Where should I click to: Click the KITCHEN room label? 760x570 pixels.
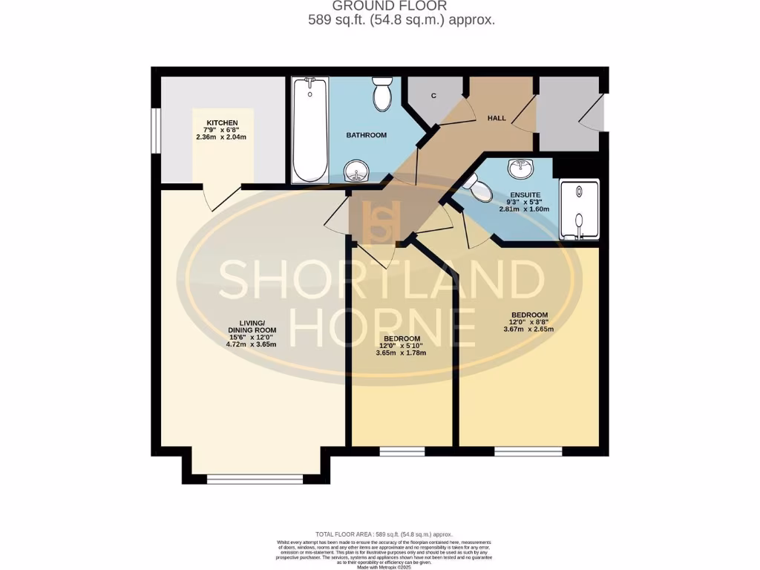click(223, 122)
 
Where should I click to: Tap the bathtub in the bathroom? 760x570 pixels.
click(309, 131)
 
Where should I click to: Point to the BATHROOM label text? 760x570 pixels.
click(367, 135)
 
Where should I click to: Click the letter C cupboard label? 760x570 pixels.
click(433, 96)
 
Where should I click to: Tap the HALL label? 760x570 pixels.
click(497, 118)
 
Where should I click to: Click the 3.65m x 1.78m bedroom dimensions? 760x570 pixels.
click(402, 353)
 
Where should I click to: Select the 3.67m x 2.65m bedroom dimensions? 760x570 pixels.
click(529, 330)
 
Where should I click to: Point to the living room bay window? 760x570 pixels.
click(255, 479)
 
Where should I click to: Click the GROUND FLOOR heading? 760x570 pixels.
click(401, 7)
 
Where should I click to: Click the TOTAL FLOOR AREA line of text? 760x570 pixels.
click(384, 534)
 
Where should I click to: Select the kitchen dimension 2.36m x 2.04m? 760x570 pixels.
click(220, 137)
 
